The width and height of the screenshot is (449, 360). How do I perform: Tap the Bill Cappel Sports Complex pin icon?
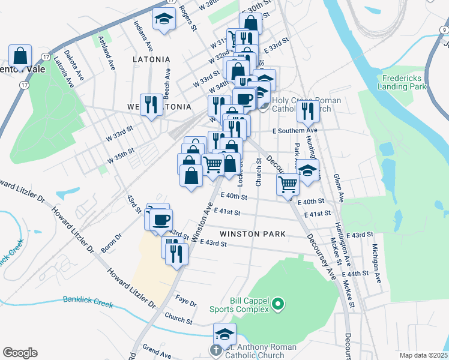click(277, 306)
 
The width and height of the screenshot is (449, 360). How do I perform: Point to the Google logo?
click(20, 353)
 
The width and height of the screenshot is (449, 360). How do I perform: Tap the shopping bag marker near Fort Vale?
click(20, 56)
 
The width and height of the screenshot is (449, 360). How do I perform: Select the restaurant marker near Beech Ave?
click(151, 104)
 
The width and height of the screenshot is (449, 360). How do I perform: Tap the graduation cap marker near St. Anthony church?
click(225, 334)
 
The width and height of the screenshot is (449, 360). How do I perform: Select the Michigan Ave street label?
click(376, 263)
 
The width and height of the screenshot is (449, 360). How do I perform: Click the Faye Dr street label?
click(186, 299)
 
